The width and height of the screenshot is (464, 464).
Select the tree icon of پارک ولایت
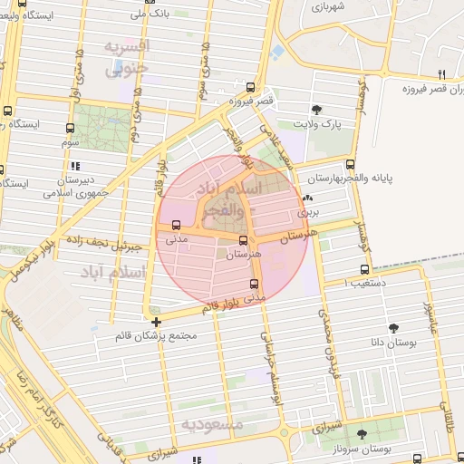click(x=315, y=110)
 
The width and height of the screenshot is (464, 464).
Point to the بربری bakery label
click(x=308, y=211)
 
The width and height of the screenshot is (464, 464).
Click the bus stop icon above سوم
click(x=71, y=129)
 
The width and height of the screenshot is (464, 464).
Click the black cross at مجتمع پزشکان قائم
click(x=157, y=322)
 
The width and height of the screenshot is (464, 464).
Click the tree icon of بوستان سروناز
click(x=362, y=435)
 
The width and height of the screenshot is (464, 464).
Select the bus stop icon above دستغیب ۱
click(x=365, y=269)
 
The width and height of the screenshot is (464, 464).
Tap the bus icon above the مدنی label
click(x=176, y=226)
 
